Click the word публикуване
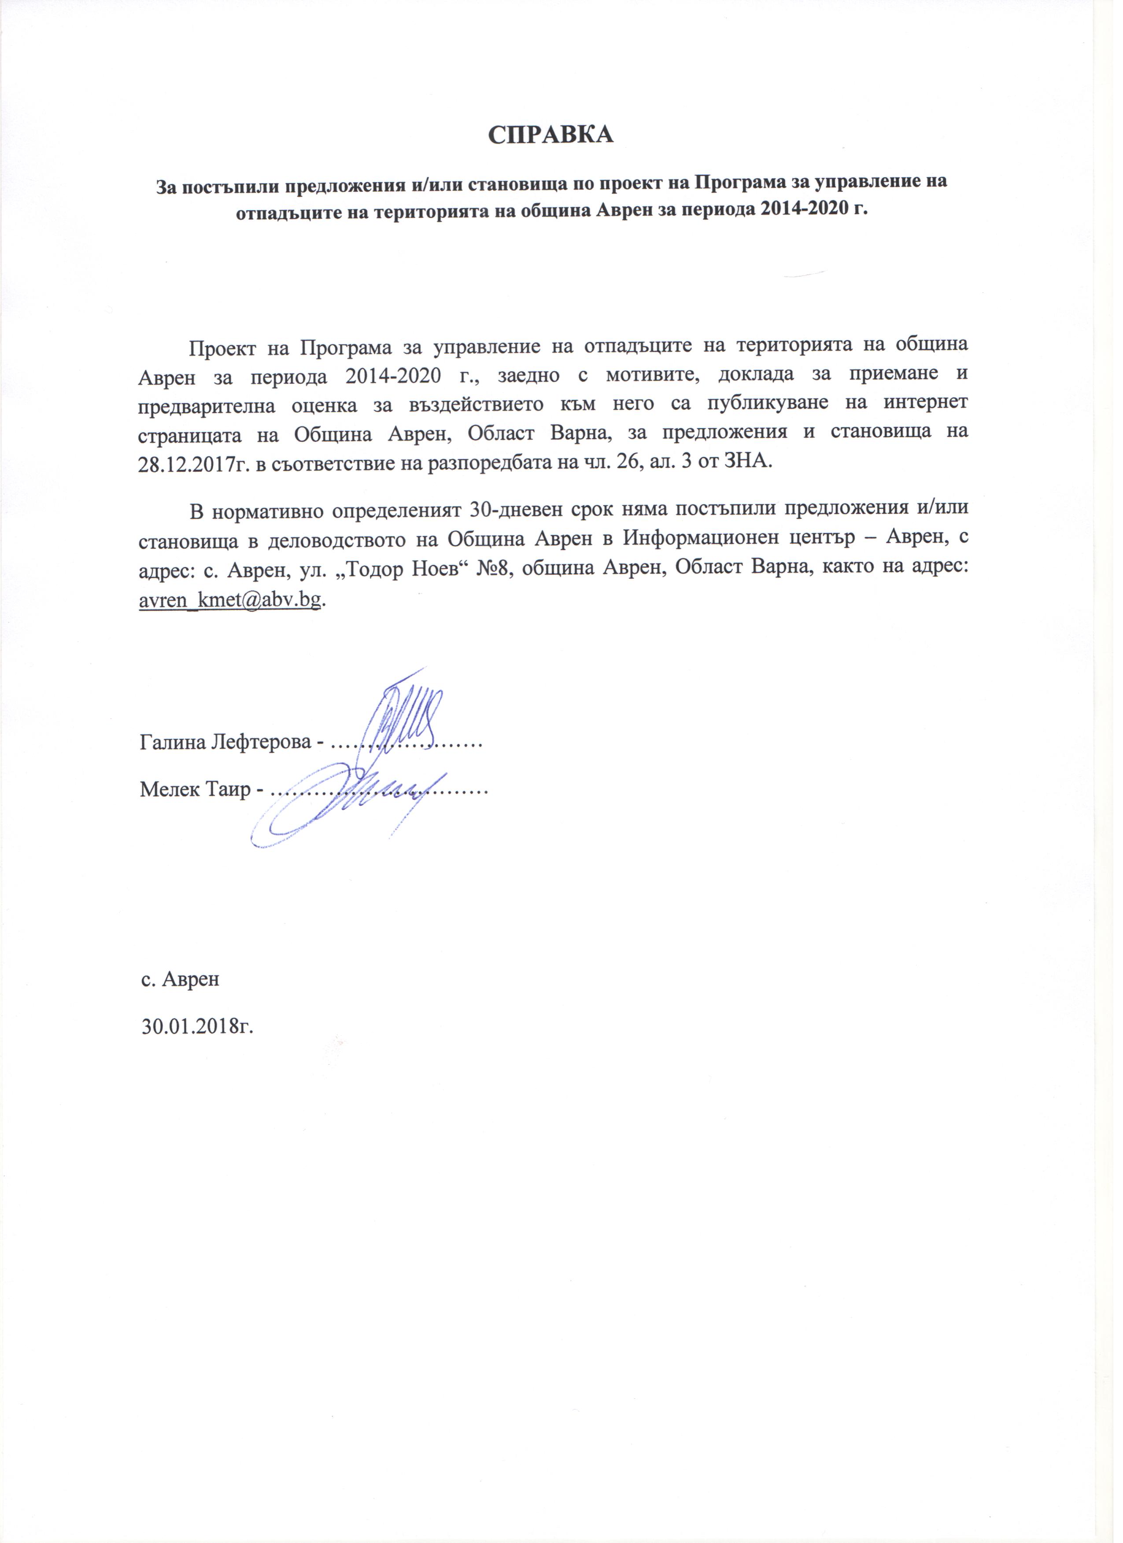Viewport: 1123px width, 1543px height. [775, 403]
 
